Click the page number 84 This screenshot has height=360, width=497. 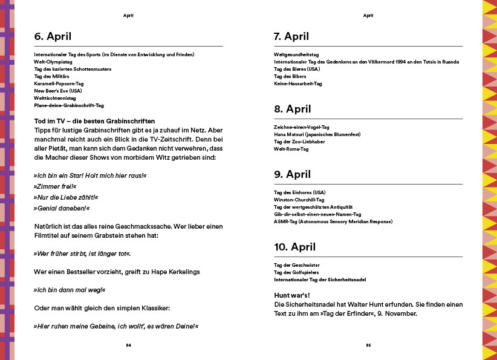click(128, 345)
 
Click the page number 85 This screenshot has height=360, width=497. click(368, 345)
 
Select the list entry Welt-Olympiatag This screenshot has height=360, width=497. click(54, 62)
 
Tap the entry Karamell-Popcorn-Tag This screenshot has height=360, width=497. click(59, 83)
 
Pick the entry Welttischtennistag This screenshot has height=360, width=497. click(56, 98)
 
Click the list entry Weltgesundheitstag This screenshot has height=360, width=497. click(296, 54)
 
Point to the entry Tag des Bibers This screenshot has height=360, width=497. click(290, 76)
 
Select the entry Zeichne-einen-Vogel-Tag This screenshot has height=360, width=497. click(301, 127)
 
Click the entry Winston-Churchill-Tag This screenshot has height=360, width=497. click(299, 200)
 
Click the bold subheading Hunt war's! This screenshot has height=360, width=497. click(293, 295)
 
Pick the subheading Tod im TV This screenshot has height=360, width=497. click(94, 121)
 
